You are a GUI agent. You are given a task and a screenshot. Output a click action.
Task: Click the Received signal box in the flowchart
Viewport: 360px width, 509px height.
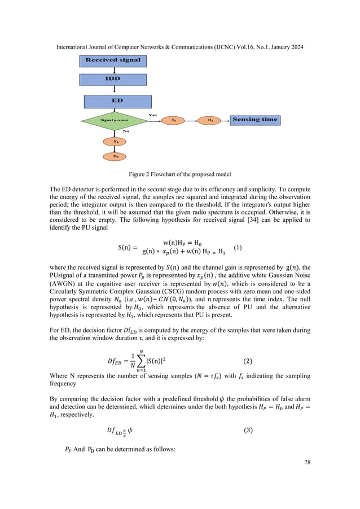click(x=113, y=60)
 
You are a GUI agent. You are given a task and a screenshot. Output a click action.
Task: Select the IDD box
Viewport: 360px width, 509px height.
click(x=113, y=79)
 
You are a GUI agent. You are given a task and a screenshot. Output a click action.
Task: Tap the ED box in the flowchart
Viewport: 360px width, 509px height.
click(x=113, y=100)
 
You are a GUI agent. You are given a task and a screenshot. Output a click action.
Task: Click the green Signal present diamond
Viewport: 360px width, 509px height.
click(x=114, y=120)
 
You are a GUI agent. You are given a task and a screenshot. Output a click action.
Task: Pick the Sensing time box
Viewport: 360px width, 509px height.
click(x=255, y=120)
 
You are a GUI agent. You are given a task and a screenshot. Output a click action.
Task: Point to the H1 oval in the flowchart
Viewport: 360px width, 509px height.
click(x=210, y=120)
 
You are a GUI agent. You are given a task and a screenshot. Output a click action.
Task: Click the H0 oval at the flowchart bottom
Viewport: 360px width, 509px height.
click(x=115, y=155)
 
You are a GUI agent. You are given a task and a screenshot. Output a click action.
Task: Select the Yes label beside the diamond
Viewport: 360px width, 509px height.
click(x=152, y=115)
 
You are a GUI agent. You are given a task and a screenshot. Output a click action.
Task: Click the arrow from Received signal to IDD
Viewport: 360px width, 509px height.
click(x=113, y=69)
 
